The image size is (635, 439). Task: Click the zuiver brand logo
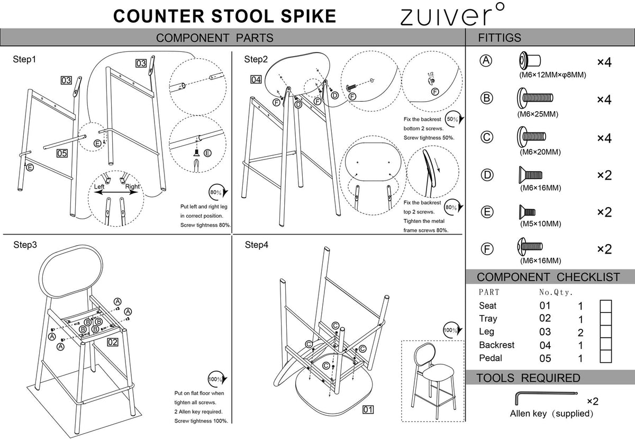point(452,14)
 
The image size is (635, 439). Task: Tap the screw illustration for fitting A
point(530,60)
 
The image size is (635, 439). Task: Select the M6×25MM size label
point(538,114)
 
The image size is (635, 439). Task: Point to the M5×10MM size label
point(540,223)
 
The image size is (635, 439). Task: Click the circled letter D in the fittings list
point(487,175)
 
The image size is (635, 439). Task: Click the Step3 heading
point(25,245)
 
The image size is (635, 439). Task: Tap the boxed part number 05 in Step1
point(62,153)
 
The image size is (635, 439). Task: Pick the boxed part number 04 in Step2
point(256,79)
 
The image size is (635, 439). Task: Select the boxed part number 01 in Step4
point(368,409)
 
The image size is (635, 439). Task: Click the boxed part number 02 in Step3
point(113,342)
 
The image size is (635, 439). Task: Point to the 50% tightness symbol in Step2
point(454,119)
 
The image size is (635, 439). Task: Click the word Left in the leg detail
point(99,186)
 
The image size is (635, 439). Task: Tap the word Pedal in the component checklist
point(491,358)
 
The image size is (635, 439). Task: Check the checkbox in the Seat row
point(606,306)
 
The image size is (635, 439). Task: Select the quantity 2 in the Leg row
point(580,333)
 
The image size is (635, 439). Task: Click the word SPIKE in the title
point(308,16)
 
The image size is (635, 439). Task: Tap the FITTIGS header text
point(500,38)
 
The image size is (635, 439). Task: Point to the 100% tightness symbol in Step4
point(452,330)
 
